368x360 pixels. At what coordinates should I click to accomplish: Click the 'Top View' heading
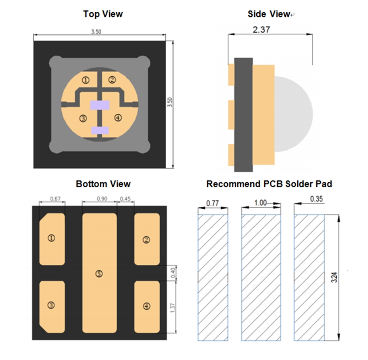(103, 14)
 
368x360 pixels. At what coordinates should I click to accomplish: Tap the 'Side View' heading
(269, 14)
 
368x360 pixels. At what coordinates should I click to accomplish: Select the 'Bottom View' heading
(103, 184)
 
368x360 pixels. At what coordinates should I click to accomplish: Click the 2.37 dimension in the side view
(261, 30)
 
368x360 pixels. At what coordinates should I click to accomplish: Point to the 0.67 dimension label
(55, 199)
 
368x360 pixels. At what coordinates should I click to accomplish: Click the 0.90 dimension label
(102, 199)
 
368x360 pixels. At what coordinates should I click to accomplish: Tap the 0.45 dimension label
(125, 199)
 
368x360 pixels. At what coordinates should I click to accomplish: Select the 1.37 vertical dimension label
(173, 308)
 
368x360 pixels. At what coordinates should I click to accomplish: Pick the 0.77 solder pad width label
(212, 203)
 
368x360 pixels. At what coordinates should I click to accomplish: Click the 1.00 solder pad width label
(261, 203)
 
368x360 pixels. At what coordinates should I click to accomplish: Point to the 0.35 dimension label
(316, 199)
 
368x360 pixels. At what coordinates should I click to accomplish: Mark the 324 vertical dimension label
(334, 277)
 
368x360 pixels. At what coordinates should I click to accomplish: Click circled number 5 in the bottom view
(99, 274)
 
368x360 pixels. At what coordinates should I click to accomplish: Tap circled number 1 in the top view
(86, 80)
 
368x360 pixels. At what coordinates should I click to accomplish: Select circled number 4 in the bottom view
(147, 306)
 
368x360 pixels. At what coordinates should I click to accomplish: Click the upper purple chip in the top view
(100, 105)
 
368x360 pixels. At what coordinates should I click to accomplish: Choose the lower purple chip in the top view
(100, 130)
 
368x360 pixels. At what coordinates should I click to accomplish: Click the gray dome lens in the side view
(294, 114)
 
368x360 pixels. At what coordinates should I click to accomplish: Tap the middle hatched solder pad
(261, 278)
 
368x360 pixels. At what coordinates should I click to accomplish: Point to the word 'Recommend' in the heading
(234, 184)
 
